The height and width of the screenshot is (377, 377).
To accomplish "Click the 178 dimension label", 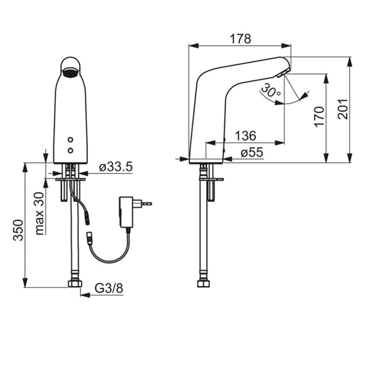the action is click(x=240, y=39).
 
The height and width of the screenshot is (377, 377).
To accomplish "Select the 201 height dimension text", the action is click(x=342, y=109).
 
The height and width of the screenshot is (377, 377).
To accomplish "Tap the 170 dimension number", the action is click(x=319, y=117).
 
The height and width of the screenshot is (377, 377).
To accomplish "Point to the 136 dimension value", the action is click(x=246, y=136).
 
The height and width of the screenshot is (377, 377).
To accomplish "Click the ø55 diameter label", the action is click(x=252, y=153).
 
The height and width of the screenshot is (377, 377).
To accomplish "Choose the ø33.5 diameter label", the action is click(x=116, y=167).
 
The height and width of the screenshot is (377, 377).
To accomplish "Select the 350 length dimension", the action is click(x=18, y=230).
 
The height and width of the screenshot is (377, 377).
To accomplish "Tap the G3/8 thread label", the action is click(x=109, y=288).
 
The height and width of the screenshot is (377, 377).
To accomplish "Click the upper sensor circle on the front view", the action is click(x=70, y=139).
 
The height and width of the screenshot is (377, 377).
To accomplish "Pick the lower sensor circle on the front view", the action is click(x=70, y=151).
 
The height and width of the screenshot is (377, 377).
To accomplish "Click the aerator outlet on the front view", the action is click(x=70, y=73).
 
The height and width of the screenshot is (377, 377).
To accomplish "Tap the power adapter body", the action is click(x=126, y=212).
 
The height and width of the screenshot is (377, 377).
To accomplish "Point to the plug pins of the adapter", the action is click(x=146, y=204).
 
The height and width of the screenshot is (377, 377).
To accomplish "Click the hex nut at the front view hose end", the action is click(x=75, y=283).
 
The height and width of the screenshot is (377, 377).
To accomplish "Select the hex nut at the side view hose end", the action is click(x=204, y=283).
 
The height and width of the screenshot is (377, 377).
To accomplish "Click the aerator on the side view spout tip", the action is click(x=283, y=73).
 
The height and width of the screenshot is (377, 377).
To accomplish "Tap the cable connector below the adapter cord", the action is click(x=90, y=238).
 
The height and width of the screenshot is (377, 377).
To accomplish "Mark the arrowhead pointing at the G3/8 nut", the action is click(x=85, y=295).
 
